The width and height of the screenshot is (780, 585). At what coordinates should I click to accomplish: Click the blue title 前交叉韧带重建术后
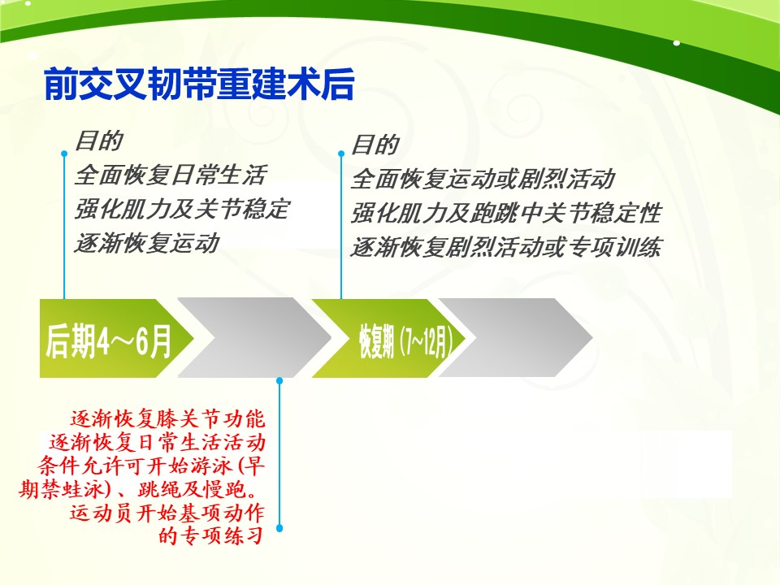point(199,84)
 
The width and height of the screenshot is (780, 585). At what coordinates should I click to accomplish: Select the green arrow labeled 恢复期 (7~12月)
point(388,339)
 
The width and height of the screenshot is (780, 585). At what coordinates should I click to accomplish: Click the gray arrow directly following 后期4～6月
point(254,338)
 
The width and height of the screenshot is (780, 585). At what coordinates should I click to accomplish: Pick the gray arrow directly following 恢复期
point(515,338)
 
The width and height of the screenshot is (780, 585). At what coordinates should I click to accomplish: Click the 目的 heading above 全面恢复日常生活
point(98,141)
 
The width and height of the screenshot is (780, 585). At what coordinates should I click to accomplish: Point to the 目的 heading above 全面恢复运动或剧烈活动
point(375,145)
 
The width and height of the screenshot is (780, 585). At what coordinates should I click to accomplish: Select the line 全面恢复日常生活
point(171,175)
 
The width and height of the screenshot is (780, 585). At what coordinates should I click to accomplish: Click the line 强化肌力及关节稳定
point(182,209)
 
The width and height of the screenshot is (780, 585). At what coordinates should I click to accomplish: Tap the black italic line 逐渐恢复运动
point(147,243)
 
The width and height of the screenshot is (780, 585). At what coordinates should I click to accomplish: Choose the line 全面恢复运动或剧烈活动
point(483,179)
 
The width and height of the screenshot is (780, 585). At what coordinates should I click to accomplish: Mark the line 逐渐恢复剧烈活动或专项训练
point(506,247)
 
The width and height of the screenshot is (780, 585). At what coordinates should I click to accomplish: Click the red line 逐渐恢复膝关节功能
point(167,419)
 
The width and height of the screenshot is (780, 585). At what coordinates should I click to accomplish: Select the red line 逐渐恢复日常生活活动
point(157,442)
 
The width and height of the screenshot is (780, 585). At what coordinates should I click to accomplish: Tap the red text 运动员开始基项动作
point(167,513)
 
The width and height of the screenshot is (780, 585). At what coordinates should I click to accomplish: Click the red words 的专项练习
point(211,535)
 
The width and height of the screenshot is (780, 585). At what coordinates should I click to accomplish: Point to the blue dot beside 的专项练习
point(279,528)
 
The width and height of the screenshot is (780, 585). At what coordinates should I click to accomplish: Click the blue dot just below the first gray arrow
point(279,381)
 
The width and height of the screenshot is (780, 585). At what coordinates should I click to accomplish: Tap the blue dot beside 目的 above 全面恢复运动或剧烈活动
point(341,154)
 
